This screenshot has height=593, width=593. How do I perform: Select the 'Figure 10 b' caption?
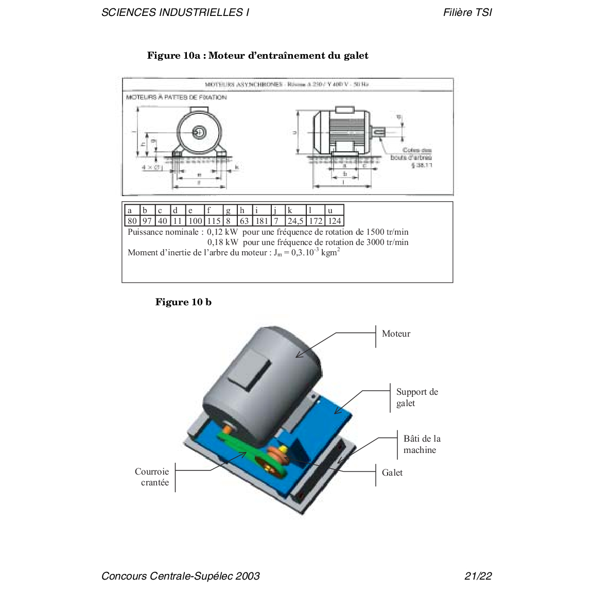point(183,302)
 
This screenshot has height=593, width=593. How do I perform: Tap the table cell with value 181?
point(261,221)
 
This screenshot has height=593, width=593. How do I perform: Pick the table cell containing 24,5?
point(295,221)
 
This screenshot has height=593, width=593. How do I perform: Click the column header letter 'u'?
point(330,211)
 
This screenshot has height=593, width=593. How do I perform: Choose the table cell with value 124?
point(335,221)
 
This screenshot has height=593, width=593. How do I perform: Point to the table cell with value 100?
point(195,221)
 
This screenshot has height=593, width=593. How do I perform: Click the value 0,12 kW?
point(222,232)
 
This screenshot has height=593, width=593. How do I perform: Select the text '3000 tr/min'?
point(387,242)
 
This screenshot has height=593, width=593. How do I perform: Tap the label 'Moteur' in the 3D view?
point(396,334)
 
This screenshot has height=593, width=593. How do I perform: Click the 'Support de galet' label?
point(417,397)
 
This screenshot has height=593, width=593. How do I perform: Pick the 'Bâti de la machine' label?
point(422,444)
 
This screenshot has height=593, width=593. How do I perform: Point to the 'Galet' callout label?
point(392,473)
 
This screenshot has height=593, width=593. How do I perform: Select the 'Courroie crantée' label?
point(152,477)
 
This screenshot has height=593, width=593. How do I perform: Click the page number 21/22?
point(478,576)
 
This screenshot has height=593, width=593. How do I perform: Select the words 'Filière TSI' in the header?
point(467,12)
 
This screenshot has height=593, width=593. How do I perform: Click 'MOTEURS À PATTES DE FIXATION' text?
point(176,97)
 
